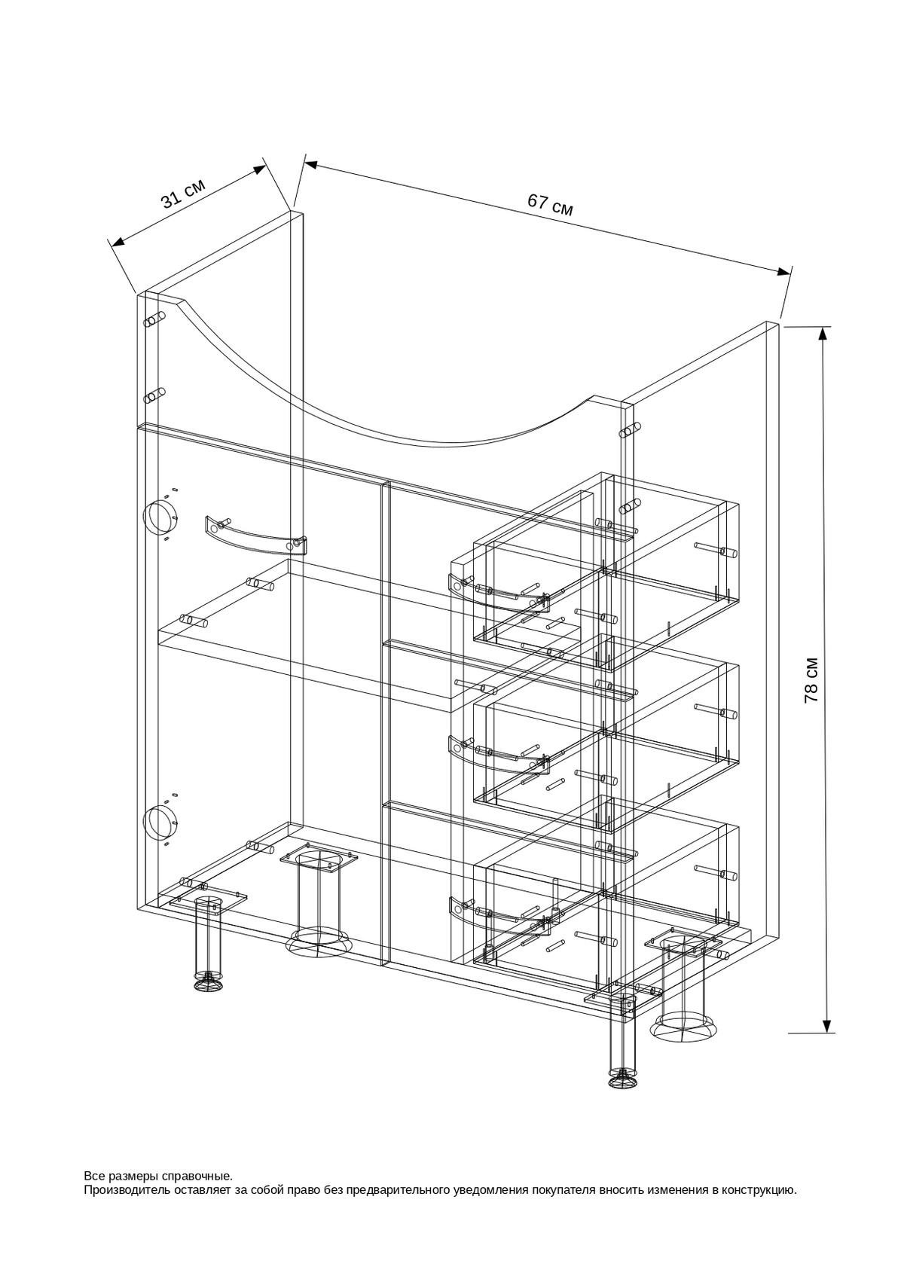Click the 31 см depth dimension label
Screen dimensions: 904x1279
point(182,194)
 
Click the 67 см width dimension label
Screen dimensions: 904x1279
point(550,204)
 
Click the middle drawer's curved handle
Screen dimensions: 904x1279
point(499,752)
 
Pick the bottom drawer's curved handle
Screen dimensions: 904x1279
point(499,914)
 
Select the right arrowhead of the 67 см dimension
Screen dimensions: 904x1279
point(784,272)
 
